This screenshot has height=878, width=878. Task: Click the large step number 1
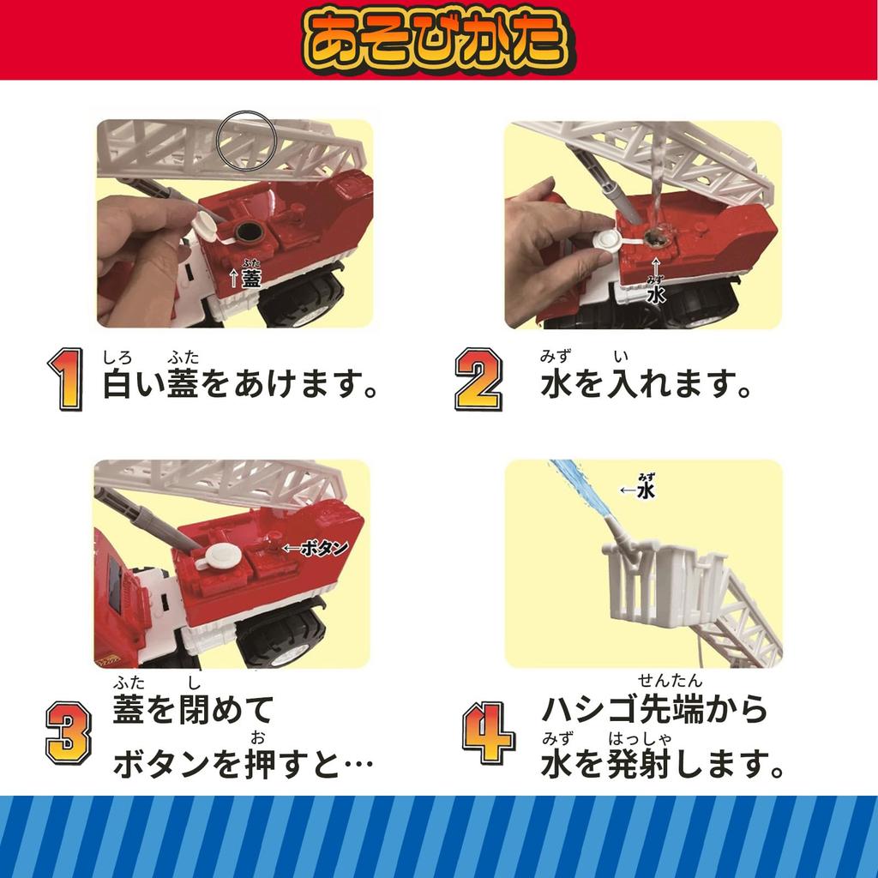pos(67,380)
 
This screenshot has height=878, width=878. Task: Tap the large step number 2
pos(478,380)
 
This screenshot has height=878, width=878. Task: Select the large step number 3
pos(69,733)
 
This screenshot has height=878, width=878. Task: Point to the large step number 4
pos(488,733)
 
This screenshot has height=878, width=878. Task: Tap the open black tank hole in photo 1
pos(246,232)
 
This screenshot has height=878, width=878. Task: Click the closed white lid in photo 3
pos(223,555)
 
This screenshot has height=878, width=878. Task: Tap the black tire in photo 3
pos(280,637)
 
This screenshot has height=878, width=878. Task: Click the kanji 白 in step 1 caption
pos(118,383)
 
